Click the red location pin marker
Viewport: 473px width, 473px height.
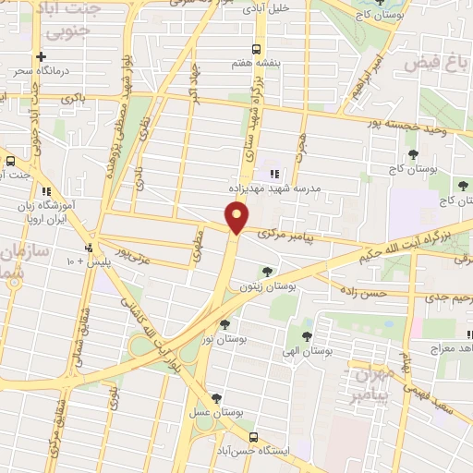[x=237, y=217]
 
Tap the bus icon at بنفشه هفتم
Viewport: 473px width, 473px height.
[x=256, y=49]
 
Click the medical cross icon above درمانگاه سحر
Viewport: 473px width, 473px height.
[x=41, y=56]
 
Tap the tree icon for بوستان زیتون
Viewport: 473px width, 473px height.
[x=267, y=272]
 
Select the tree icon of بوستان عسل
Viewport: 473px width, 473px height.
[x=217, y=398]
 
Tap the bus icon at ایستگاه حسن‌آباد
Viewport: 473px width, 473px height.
[x=253, y=436]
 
